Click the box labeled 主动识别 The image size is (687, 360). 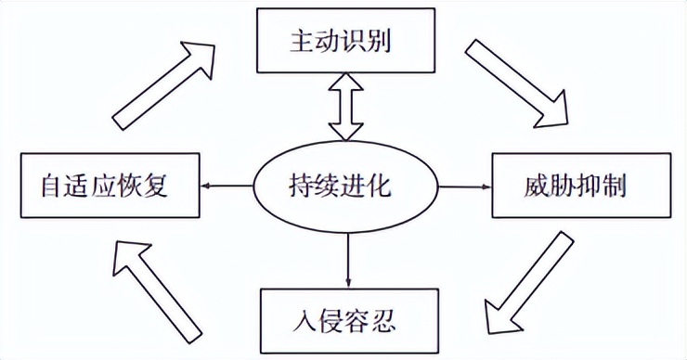[345, 41]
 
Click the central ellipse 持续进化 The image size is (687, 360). [347, 186]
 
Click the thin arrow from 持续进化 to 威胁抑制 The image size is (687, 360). [465, 186]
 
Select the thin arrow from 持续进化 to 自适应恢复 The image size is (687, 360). [228, 186]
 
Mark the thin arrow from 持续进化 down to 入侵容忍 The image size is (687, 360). [347, 254]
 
